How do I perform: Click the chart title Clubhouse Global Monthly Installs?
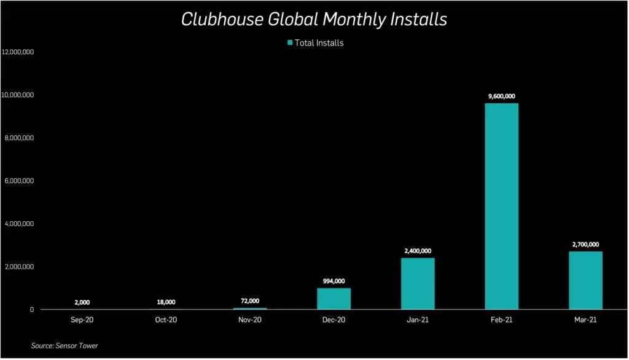(x=314, y=20)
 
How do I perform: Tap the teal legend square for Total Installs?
(x=290, y=42)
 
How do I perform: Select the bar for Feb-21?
(x=501, y=206)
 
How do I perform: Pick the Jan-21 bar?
(x=418, y=283)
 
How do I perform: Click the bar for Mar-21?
(x=585, y=280)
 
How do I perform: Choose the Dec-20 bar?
(x=334, y=299)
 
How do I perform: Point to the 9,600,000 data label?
(x=501, y=96)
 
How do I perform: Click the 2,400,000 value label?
(x=418, y=251)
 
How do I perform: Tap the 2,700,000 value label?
(x=585, y=245)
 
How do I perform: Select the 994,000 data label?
(x=334, y=281)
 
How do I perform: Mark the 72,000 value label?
(x=250, y=301)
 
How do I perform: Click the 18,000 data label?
(x=166, y=302)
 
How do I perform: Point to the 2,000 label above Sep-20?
(x=82, y=302)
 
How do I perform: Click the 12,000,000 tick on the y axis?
(x=18, y=52)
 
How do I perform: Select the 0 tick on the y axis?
(x=31, y=310)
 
